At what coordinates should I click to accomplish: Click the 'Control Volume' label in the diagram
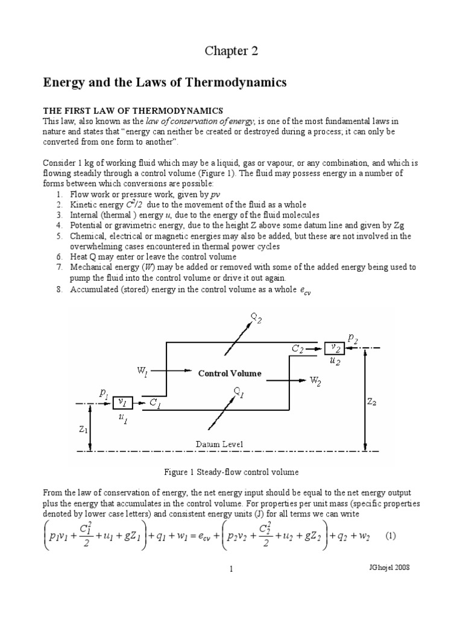(x=230, y=374)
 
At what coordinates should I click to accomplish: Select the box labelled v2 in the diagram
(x=335, y=348)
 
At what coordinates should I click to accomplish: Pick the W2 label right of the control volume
(x=315, y=380)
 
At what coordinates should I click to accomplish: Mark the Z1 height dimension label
(x=83, y=432)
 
